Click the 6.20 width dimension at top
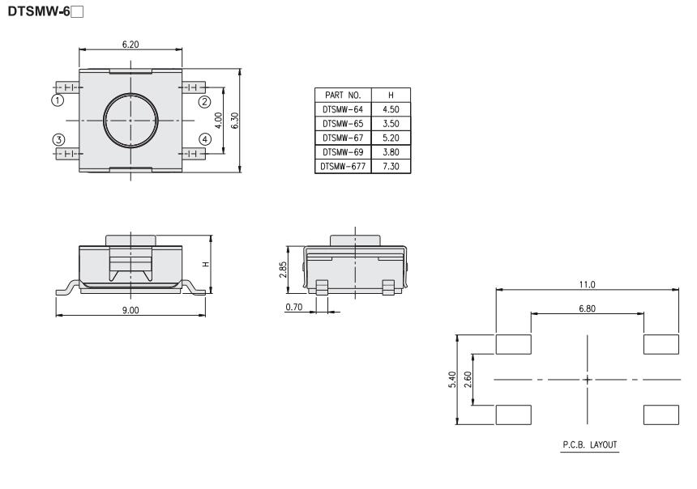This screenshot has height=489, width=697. (x=130, y=45)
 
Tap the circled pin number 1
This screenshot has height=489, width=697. (x=58, y=100)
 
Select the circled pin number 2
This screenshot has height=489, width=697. (x=204, y=102)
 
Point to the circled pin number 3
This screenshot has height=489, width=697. (x=58, y=140)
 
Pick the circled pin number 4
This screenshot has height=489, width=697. (x=204, y=139)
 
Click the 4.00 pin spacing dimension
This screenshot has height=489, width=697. (x=218, y=121)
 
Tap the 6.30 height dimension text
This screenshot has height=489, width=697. (x=235, y=121)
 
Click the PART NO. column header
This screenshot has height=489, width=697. (x=343, y=95)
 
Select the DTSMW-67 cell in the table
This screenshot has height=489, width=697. (x=343, y=138)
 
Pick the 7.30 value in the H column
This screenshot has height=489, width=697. (x=391, y=166)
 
